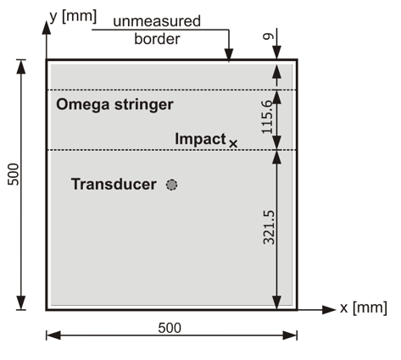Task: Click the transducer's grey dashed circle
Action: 171,185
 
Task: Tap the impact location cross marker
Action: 233,144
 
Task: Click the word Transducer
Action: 114,184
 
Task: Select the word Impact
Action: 200,139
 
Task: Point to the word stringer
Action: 144,105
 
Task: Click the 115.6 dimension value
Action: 267,117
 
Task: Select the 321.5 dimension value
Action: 269,227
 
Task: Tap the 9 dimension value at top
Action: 268,36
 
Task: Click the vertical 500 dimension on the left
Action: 14,174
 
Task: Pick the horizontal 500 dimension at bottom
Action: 170,328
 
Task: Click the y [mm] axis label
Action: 73,17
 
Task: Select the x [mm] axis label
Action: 364,307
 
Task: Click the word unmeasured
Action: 157,21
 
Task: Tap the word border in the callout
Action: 157,39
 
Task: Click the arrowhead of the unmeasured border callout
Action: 229,55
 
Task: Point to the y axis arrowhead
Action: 47,27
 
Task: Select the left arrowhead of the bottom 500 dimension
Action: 53,335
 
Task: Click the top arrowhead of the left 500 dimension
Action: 21,67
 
